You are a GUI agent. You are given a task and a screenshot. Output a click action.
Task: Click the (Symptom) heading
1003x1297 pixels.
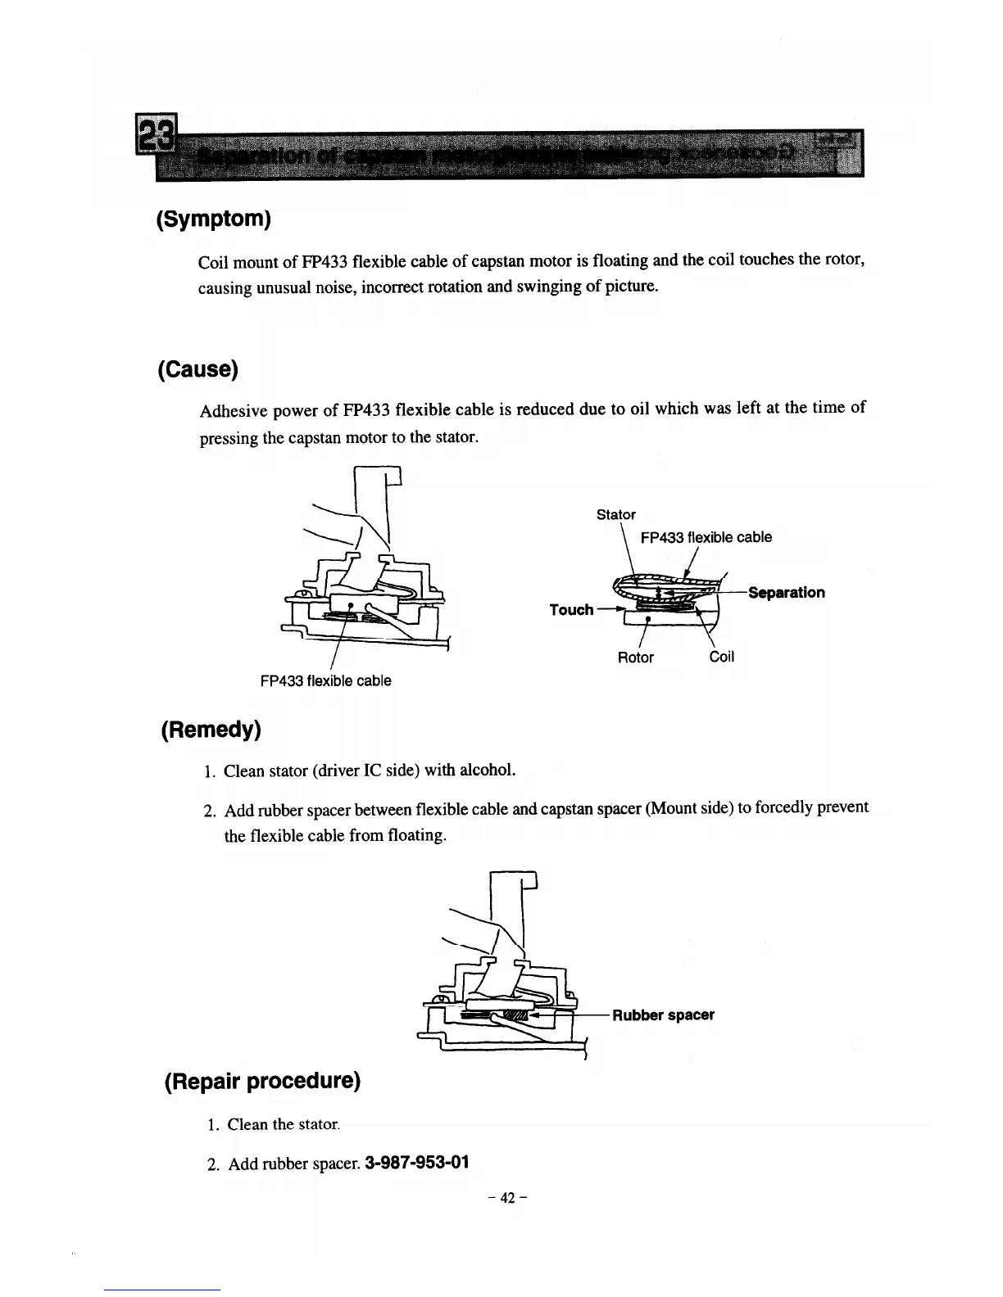213,219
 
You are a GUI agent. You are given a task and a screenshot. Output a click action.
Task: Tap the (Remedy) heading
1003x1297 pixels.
211,729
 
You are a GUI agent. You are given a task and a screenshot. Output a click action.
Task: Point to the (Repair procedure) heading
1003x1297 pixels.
262,1081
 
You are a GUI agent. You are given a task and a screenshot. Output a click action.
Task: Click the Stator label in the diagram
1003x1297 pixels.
615,514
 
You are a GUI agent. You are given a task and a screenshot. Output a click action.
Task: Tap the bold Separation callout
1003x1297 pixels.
786,592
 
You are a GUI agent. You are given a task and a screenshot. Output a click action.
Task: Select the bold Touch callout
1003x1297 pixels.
571,610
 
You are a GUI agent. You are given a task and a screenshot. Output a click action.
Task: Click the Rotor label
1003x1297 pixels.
635,658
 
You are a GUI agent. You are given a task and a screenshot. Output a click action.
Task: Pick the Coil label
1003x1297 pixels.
721,658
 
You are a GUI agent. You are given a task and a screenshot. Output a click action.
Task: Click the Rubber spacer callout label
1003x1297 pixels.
663,1015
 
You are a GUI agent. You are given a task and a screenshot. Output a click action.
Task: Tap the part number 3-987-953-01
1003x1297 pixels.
401,1163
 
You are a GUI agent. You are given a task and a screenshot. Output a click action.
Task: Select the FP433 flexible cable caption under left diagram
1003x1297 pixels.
325,680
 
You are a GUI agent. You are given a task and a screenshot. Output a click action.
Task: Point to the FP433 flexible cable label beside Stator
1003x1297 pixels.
706,537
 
